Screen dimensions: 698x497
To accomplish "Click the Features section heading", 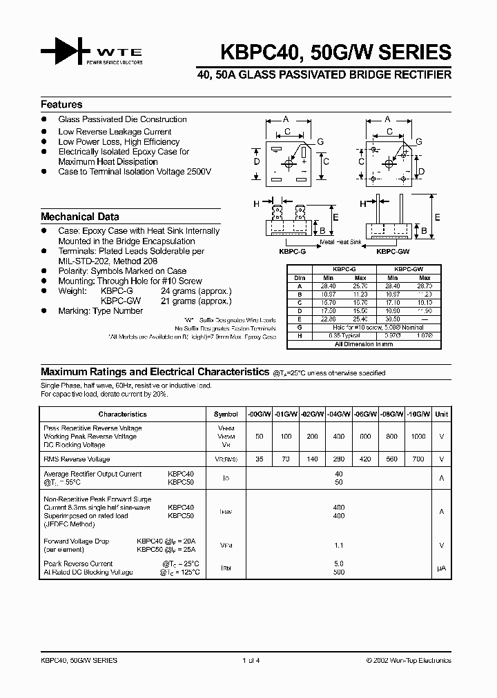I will [61, 105].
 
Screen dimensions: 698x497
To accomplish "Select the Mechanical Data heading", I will [79, 217].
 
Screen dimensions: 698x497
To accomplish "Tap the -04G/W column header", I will [339, 415].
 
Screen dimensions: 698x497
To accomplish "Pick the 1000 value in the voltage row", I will [418, 437].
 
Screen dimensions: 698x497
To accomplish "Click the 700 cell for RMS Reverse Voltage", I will [418, 459].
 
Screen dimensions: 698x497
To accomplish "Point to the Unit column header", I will [441, 415].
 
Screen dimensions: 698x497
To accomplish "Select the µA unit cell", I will [441, 568].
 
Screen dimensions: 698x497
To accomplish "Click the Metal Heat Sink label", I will [341, 243].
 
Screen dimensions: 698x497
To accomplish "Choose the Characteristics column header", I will [123, 415].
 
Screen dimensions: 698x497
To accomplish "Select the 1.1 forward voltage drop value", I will [338, 545].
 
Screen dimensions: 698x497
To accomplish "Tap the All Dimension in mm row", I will [363, 343].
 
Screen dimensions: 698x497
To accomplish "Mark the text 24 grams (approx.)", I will [196, 291].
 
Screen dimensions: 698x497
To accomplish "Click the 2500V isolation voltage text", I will [197, 172].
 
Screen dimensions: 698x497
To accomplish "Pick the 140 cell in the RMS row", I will [312, 459].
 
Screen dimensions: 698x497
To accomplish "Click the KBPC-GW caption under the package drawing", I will [390, 252].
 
